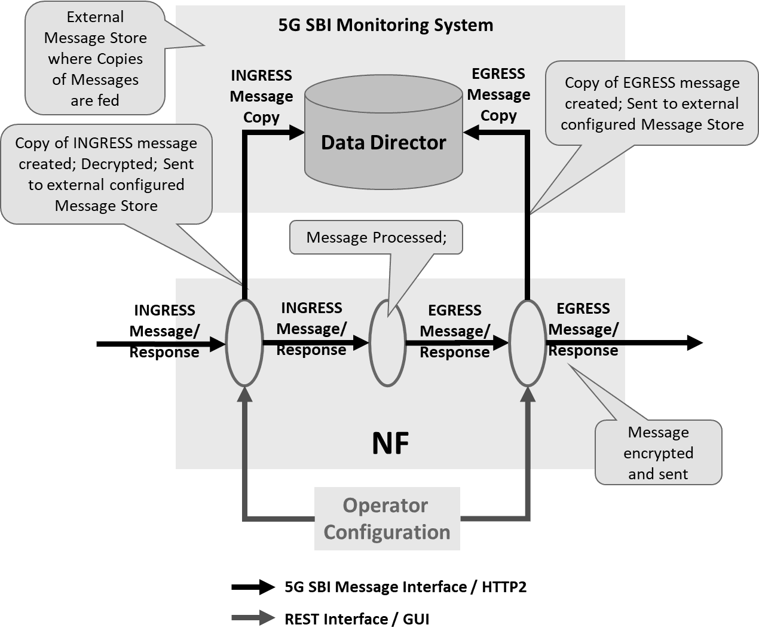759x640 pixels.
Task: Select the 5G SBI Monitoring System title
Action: tap(385, 25)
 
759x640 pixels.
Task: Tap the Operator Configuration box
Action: tap(387, 519)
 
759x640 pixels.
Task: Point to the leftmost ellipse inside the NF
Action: tap(244, 343)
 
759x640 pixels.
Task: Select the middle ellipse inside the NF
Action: tap(387, 343)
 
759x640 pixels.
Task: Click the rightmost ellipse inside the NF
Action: tap(527, 343)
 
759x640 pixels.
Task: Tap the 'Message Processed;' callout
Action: tap(376, 237)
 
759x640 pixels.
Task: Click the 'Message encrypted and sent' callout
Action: tap(658, 453)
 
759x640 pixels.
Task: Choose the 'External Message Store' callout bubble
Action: tap(95, 59)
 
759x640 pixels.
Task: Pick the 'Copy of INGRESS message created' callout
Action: tap(106, 174)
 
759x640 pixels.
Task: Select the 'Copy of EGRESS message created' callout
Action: tap(652, 103)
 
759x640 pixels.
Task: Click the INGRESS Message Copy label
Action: tap(261, 96)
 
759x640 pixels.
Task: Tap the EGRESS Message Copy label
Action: tap(498, 94)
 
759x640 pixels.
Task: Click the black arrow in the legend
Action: tap(253, 587)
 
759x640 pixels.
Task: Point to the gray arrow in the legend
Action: tap(253, 618)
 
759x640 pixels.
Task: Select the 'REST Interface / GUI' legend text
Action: tap(357, 619)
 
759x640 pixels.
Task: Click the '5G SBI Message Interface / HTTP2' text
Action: tap(405, 587)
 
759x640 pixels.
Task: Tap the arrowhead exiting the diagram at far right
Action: tap(694, 343)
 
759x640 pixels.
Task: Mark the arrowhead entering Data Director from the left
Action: tap(296, 132)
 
